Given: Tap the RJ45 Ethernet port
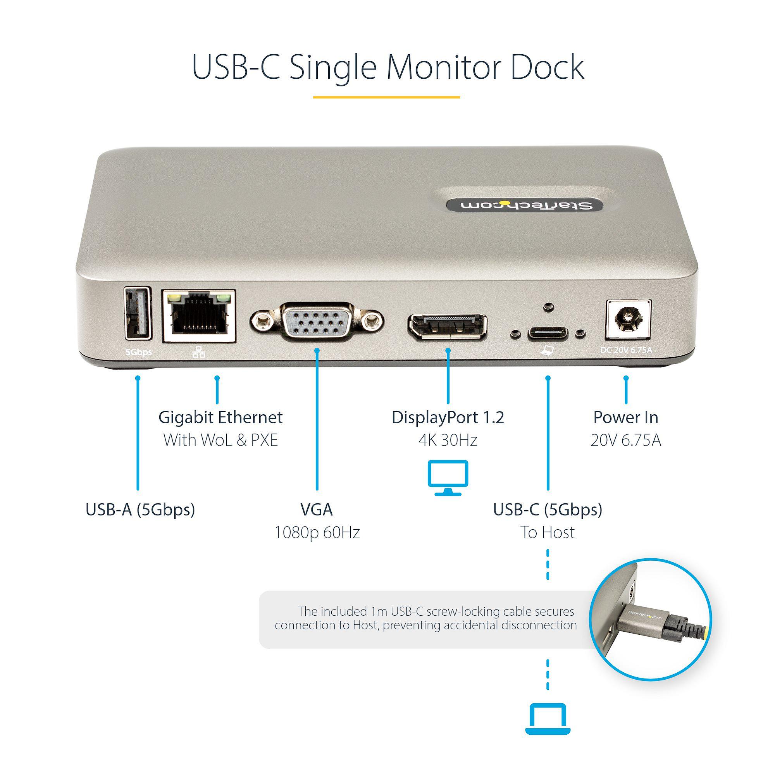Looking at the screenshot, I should pos(198,316).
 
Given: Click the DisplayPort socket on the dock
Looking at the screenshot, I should pos(448,327).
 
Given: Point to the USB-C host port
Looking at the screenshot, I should pos(548,333).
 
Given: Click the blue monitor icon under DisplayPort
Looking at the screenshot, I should pos(448,477).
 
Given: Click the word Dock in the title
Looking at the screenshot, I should pos(547,67).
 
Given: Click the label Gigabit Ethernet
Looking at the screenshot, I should pos(220,418).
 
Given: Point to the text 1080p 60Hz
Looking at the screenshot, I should pos(317,533).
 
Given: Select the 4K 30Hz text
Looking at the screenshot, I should pos(448,441).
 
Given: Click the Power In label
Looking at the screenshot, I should pos(626,418).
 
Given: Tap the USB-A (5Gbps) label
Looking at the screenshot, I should pos(140,510).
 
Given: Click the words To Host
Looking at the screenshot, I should pos(548,533).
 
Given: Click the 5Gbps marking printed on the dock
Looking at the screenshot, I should pos(138,352).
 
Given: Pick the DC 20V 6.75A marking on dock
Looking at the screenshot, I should pos(626,350).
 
